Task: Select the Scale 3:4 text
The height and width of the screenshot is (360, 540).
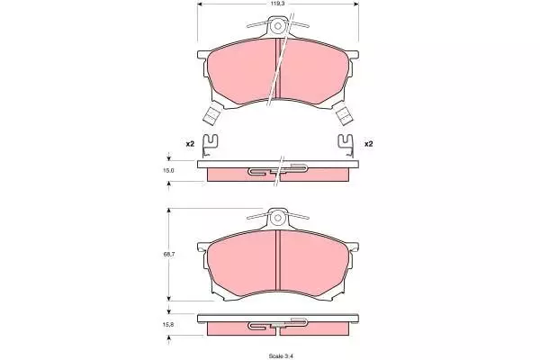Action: tap(278, 355)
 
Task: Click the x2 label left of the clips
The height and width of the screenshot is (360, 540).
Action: tap(190, 144)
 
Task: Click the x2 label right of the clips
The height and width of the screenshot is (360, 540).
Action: tap(368, 144)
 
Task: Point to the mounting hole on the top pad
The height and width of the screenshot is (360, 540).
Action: tap(277, 26)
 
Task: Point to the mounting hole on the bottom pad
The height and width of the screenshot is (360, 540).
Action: tap(277, 218)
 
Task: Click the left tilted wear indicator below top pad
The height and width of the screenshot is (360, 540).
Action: tap(211, 114)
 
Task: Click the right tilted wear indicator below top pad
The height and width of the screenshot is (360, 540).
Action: tap(344, 114)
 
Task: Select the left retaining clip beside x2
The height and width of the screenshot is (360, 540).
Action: tap(210, 146)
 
